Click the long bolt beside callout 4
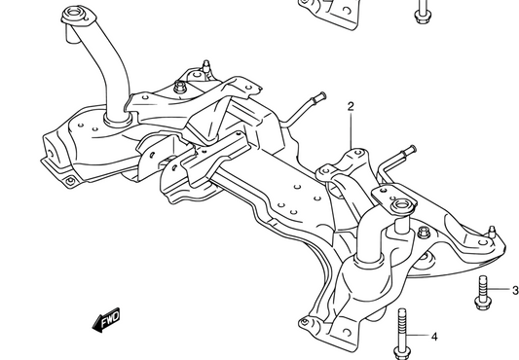(x=401, y=334)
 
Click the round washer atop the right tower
(x=400, y=206)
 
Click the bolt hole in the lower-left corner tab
(x=67, y=181)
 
